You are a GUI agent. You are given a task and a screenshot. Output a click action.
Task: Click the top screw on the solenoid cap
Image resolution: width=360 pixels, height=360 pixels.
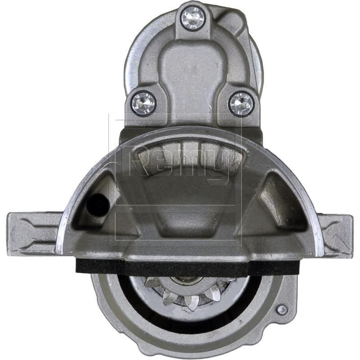(193, 18)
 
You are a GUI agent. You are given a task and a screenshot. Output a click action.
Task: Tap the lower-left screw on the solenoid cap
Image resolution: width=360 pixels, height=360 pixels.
(144, 103)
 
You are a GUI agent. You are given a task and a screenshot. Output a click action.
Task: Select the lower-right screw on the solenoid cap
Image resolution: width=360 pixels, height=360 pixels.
(241, 103)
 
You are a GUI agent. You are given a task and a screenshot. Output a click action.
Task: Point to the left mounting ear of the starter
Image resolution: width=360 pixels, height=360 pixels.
(31, 233)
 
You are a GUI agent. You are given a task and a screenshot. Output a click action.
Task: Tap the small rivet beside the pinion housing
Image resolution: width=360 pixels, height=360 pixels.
(282, 310)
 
